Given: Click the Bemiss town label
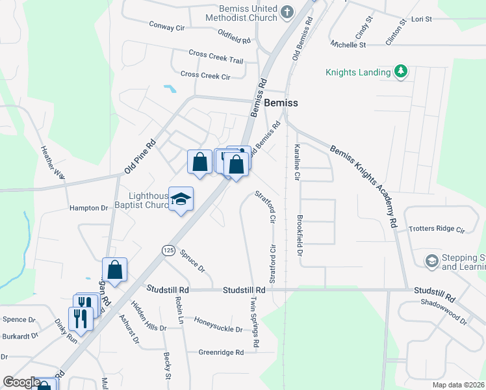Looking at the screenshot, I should click(281, 103).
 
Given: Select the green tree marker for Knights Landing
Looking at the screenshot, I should click(401, 71).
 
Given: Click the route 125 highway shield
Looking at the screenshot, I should click(168, 250).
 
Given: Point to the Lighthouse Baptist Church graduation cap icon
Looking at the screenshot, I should click(181, 200).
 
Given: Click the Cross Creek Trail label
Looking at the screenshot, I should click(216, 57).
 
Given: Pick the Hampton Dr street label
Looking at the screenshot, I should click(88, 208).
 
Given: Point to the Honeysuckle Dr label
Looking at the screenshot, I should click(218, 329).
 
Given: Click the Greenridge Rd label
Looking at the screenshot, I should click(221, 352).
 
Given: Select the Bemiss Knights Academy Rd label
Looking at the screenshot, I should click(363, 186).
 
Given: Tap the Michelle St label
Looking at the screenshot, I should click(348, 45).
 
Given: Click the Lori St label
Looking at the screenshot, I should click(421, 19).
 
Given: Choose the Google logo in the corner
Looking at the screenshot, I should click(21, 382).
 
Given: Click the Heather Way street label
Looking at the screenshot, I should click(53, 162).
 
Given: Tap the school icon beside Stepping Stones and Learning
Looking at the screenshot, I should click(431, 261).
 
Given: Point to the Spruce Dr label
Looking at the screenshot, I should click(192, 260).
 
